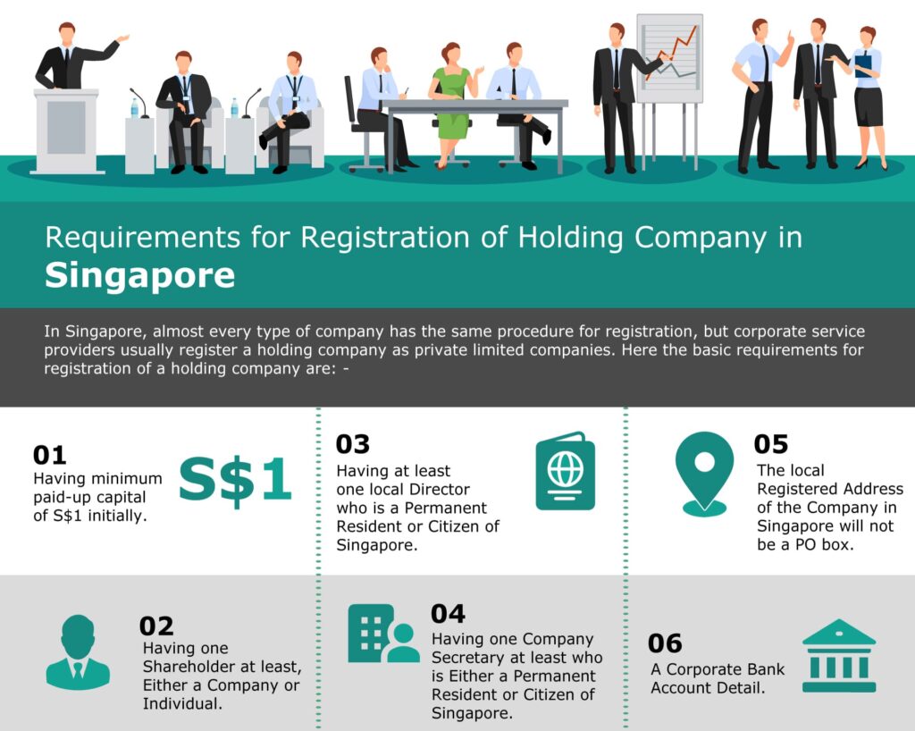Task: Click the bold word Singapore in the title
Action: [x=140, y=276]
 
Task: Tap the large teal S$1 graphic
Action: [x=235, y=480]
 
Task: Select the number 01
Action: [x=50, y=455]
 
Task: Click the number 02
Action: [x=156, y=626]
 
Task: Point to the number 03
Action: [x=352, y=444]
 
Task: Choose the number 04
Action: [x=449, y=614]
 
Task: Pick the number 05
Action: [x=771, y=444]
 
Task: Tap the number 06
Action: [x=665, y=643]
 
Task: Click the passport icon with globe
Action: [x=565, y=471]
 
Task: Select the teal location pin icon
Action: [x=704, y=473]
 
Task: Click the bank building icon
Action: [x=839, y=656]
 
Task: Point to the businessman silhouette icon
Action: [x=78, y=652]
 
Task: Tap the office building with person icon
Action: [x=383, y=634]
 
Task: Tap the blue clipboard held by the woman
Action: [x=862, y=64]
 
